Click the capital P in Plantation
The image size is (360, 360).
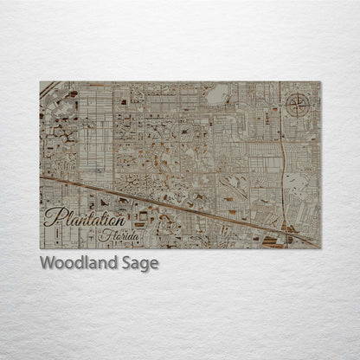[x=53, y=216]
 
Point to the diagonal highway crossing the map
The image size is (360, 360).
[x=173, y=202]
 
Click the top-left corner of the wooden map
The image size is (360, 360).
[x=41, y=81]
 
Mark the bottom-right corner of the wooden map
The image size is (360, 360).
[x=320, y=248]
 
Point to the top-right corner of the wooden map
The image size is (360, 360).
[x=320, y=81]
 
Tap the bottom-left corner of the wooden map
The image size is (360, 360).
[x=41, y=248]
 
